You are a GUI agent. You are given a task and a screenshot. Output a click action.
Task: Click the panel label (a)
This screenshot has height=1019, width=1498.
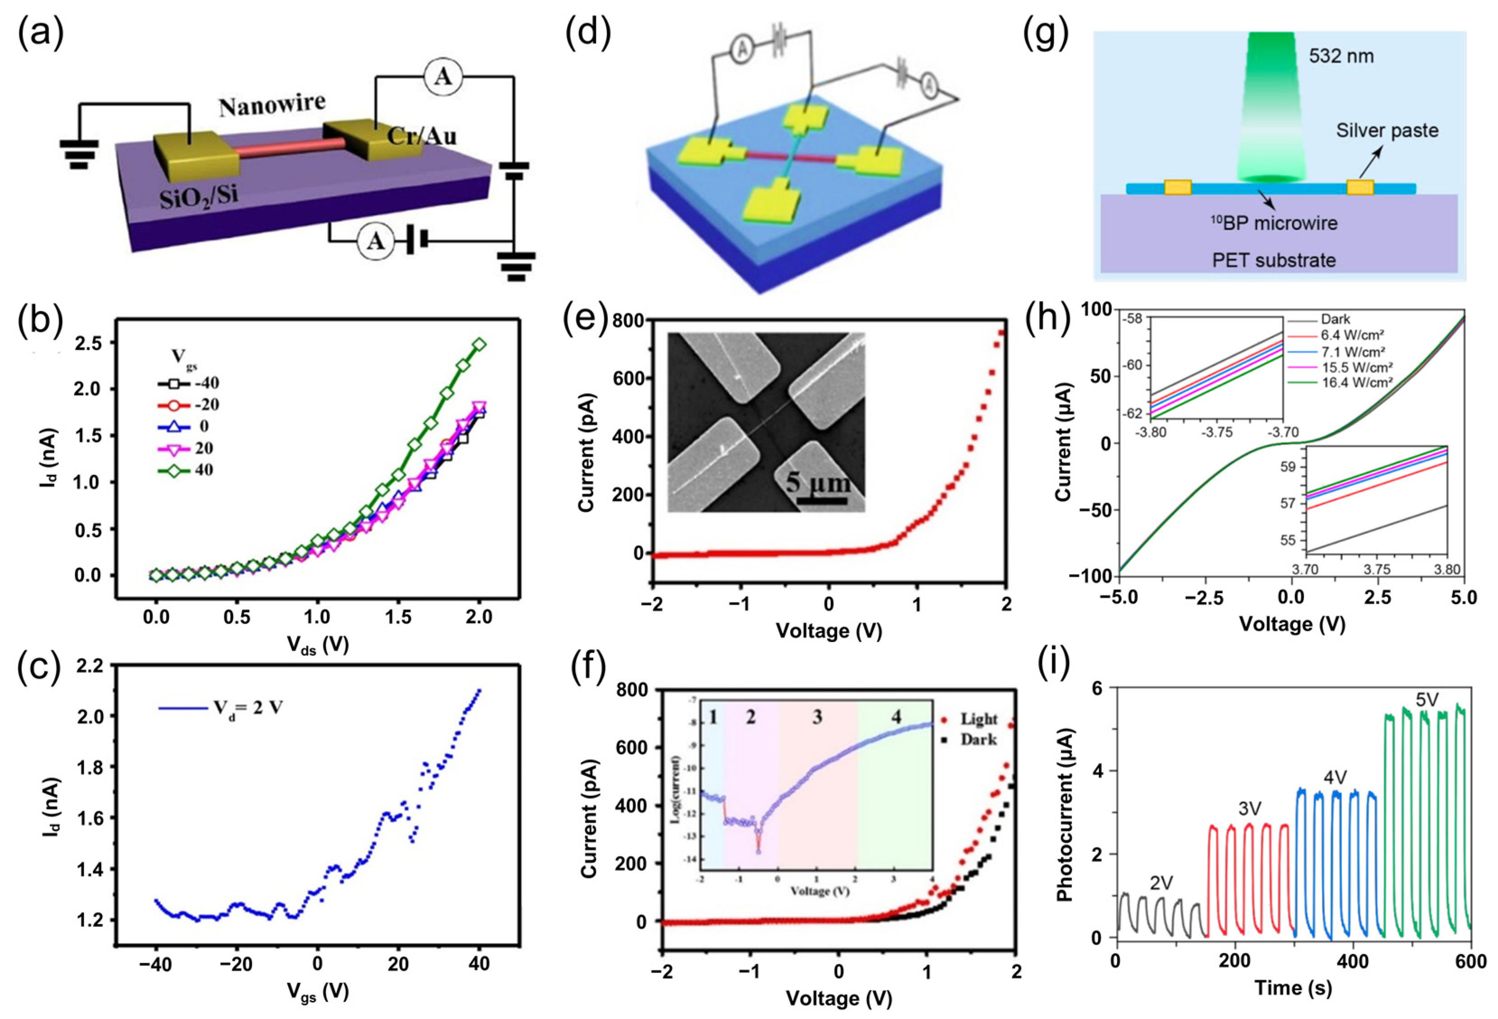point(40,33)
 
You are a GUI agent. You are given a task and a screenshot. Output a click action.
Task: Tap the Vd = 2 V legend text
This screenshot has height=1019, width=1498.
point(248,708)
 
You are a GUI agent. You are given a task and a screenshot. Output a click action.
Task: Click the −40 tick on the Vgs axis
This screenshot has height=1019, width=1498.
point(155,964)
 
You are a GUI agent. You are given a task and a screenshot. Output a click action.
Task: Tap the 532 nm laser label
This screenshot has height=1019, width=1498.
point(1341,57)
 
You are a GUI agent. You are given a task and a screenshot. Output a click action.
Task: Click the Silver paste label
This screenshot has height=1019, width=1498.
point(1387,131)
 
